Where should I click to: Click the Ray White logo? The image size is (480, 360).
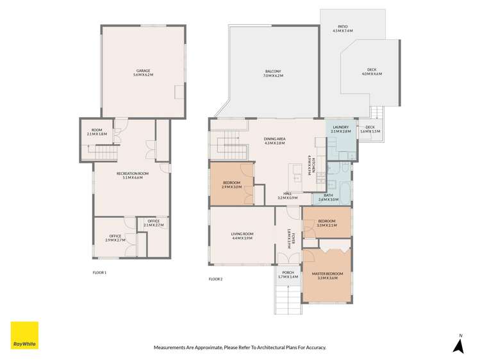[24, 335]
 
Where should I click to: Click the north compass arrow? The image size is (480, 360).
[458, 345]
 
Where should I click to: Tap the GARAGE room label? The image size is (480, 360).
[143, 72]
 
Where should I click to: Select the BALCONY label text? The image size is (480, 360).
[273, 73]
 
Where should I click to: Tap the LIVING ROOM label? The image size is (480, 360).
[242, 236]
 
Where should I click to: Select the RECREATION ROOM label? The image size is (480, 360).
[133, 175]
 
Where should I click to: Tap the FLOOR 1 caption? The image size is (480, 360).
[99, 272]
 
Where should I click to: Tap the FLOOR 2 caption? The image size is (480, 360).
[216, 279]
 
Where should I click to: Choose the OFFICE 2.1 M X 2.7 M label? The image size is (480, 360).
[154, 223]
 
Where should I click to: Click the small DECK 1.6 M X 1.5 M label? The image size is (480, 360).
[370, 129]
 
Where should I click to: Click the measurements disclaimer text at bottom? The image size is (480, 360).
[240, 347]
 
